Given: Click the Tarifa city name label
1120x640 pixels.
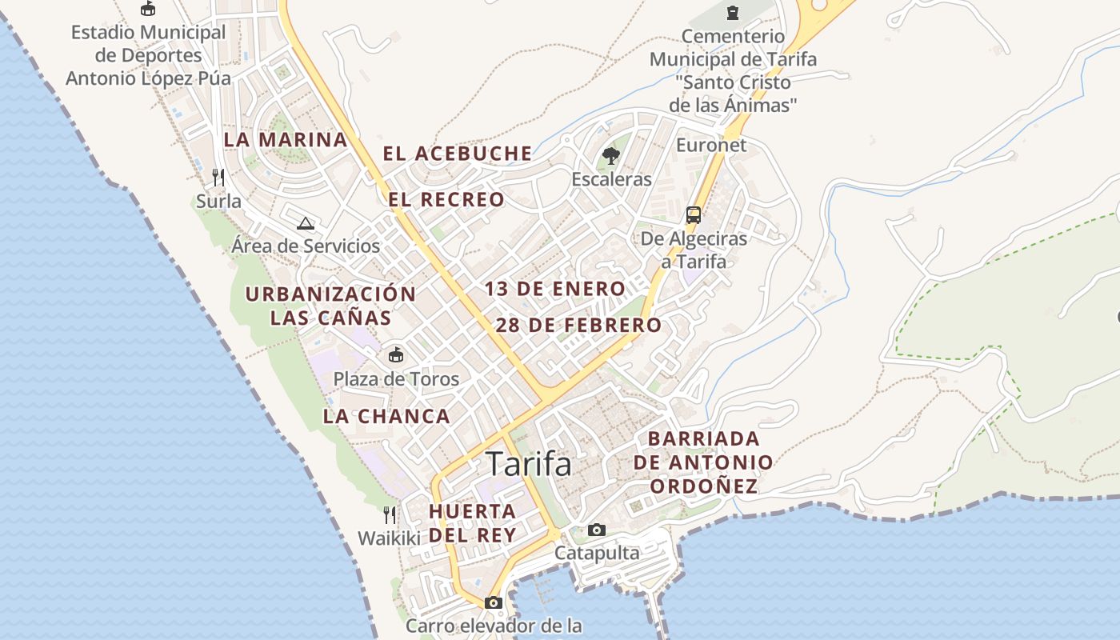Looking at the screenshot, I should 529,464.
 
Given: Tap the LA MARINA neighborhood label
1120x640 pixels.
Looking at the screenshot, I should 286,139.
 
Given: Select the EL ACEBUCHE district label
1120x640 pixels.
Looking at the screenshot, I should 458,154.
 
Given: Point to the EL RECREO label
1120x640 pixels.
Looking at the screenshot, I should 447,199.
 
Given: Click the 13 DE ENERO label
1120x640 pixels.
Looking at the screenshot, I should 555,289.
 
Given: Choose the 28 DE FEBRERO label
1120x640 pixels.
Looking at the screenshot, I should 578,326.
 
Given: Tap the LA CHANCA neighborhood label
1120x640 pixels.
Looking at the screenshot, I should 386,416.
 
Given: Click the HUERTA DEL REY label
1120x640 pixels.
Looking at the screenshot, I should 472,523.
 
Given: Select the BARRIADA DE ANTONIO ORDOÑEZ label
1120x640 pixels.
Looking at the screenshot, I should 703,462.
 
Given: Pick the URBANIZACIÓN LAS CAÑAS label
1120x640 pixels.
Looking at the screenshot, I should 330,306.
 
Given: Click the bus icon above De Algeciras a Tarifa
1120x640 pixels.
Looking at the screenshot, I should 694,214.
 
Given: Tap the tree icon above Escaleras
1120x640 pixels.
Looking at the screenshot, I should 611,155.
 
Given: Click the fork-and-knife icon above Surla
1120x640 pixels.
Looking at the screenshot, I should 218,177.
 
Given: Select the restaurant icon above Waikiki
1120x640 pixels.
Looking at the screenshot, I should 390,514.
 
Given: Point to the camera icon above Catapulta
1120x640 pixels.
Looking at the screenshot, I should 597,530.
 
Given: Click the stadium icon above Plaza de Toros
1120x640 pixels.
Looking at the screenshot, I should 396,354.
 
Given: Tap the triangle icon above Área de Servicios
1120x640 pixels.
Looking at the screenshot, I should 305,223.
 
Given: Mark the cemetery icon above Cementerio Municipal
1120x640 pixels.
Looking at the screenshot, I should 732,12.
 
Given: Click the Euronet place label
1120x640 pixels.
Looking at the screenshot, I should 711,145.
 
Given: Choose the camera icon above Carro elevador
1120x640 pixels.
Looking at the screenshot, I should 494,602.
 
